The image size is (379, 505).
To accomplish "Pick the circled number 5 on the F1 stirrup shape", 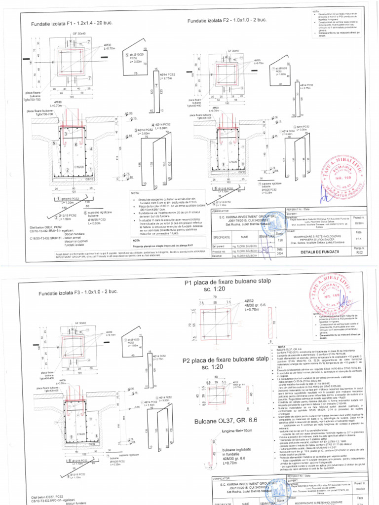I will click(x=127, y=55).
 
